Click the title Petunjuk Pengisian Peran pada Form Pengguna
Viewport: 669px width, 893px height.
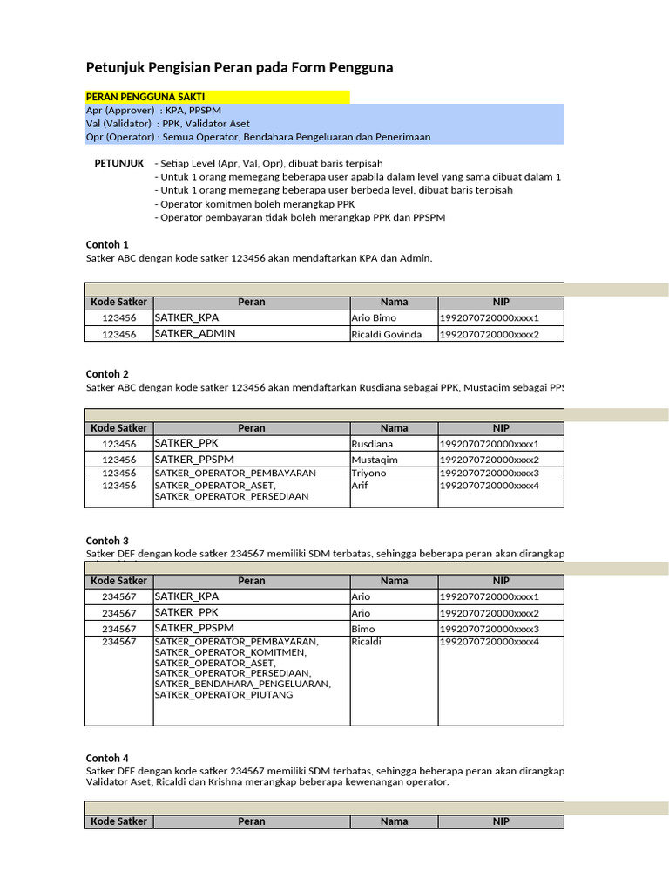point(240,67)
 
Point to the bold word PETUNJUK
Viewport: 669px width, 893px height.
point(118,163)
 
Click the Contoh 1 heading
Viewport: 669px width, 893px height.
point(107,244)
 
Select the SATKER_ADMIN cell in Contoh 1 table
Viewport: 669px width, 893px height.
point(195,333)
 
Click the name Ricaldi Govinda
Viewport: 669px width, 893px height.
point(386,334)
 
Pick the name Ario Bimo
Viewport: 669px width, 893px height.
point(373,317)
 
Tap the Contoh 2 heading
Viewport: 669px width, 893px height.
point(107,373)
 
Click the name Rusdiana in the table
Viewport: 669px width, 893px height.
point(372,444)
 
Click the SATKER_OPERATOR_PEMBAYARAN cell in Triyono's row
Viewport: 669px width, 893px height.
point(235,473)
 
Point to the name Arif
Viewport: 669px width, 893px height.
point(360,486)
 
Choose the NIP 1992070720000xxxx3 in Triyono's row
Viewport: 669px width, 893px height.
point(490,473)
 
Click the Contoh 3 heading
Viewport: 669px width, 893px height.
point(107,541)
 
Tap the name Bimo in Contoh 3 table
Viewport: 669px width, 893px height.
point(363,629)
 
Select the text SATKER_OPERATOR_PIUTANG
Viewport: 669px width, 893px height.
point(224,695)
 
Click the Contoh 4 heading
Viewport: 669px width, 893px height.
point(107,758)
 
